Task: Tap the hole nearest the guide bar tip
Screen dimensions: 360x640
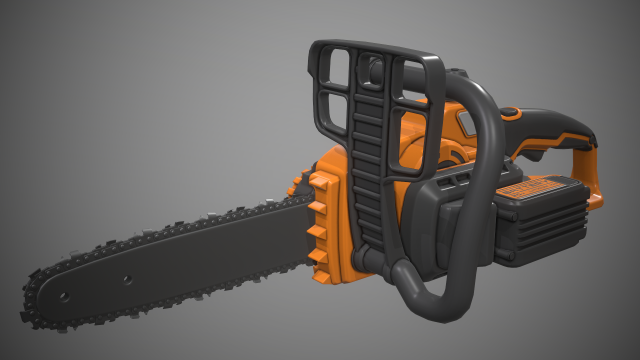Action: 62,297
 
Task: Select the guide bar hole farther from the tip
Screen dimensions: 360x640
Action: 128,279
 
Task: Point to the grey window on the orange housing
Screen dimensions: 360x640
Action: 465,122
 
